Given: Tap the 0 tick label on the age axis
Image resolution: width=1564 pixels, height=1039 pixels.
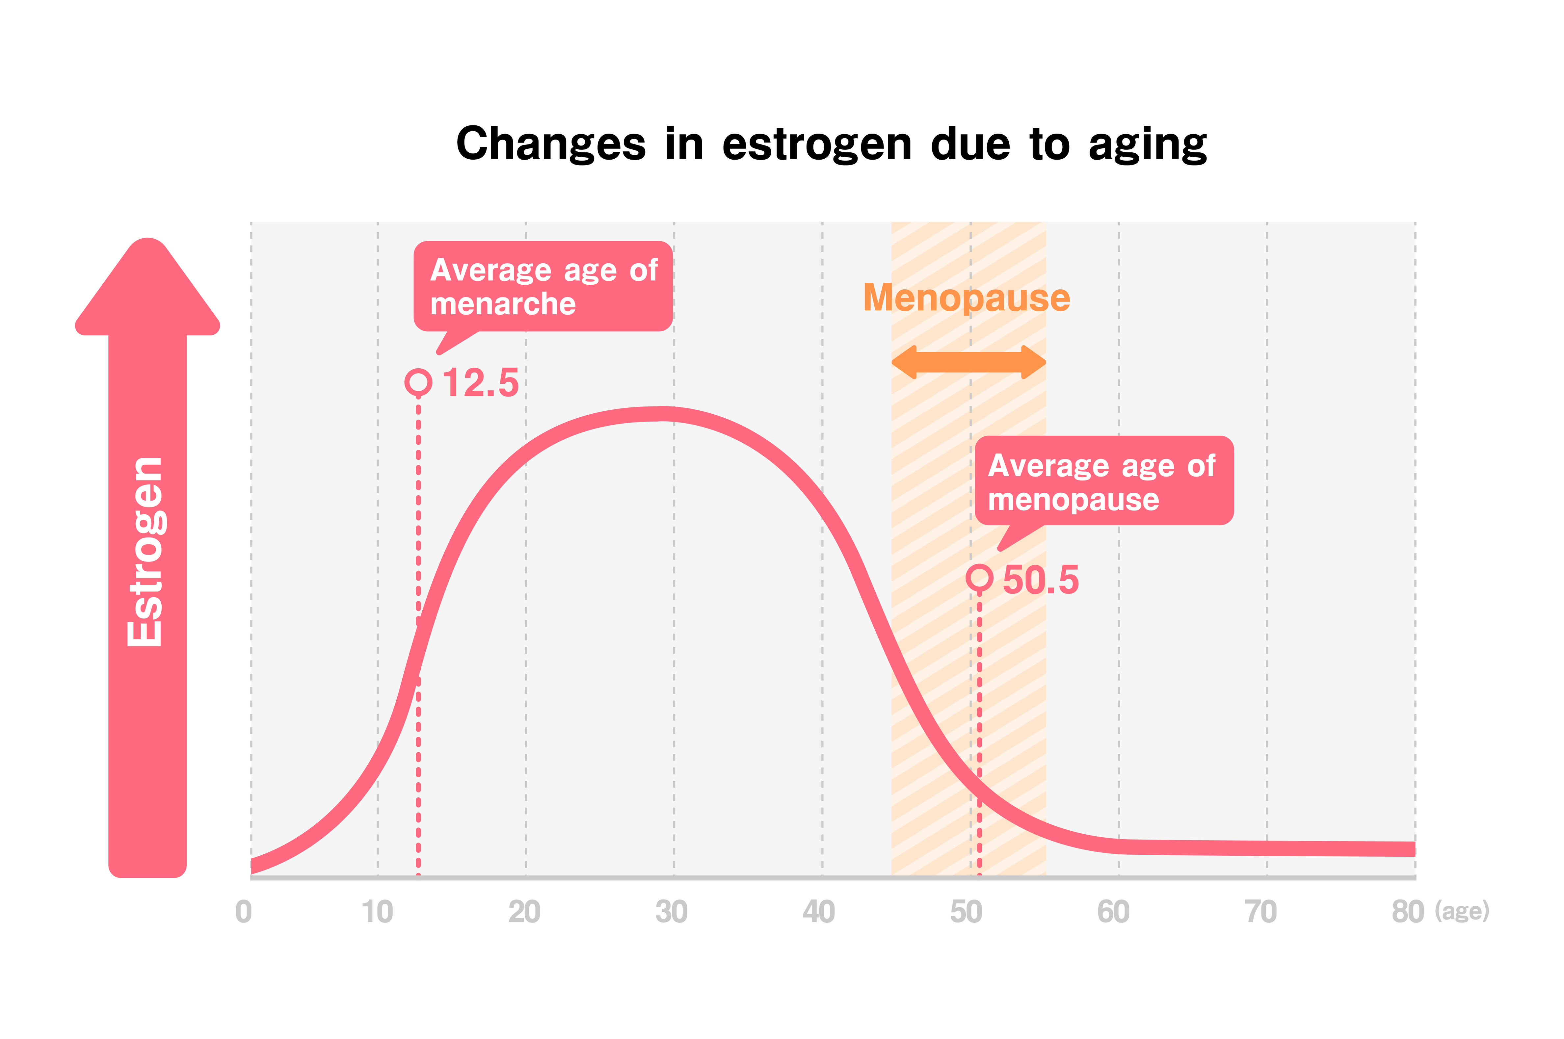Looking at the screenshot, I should pyautogui.click(x=244, y=912).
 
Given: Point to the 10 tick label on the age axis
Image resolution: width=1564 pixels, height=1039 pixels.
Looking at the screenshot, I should pyautogui.click(x=377, y=912).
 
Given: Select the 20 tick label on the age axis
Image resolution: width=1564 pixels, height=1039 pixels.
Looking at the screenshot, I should pyautogui.click(x=524, y=912).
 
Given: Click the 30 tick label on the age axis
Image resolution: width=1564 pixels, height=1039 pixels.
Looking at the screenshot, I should pyautogui.click(x=671, y=912).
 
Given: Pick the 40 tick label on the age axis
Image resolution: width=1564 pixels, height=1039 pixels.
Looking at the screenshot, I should pyautogui.click(x=818, y=912).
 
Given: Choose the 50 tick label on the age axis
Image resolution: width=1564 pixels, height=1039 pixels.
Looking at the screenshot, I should pyautogui.click(x=966, y=912).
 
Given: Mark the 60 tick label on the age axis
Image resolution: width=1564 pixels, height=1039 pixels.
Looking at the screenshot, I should pyautogui.click(x=1113, y=912).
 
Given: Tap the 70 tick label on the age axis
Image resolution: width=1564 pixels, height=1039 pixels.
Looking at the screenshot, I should pyautogui.click(x=1260, y=912).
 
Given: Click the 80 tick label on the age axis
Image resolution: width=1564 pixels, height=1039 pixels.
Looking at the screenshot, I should pyautogui.click(x=1408, y=912).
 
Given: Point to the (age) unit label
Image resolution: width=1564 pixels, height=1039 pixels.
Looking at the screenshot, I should pyautogui.click(x=1462, y=912).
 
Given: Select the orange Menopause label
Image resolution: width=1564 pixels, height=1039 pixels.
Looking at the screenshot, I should pyautogui.click(x=966, y=298).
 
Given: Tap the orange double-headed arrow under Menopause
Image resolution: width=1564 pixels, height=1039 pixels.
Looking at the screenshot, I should pyautogui.click(x=969, y=362).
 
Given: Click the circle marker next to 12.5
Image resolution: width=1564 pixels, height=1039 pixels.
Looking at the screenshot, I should pyautogui.click(x=418, y=382).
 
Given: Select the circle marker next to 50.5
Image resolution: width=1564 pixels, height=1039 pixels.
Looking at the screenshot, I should pyautogui.click(x=979, y=578).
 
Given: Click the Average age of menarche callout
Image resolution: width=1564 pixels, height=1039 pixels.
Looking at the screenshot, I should pyautogui.click(x=543, y=286).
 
